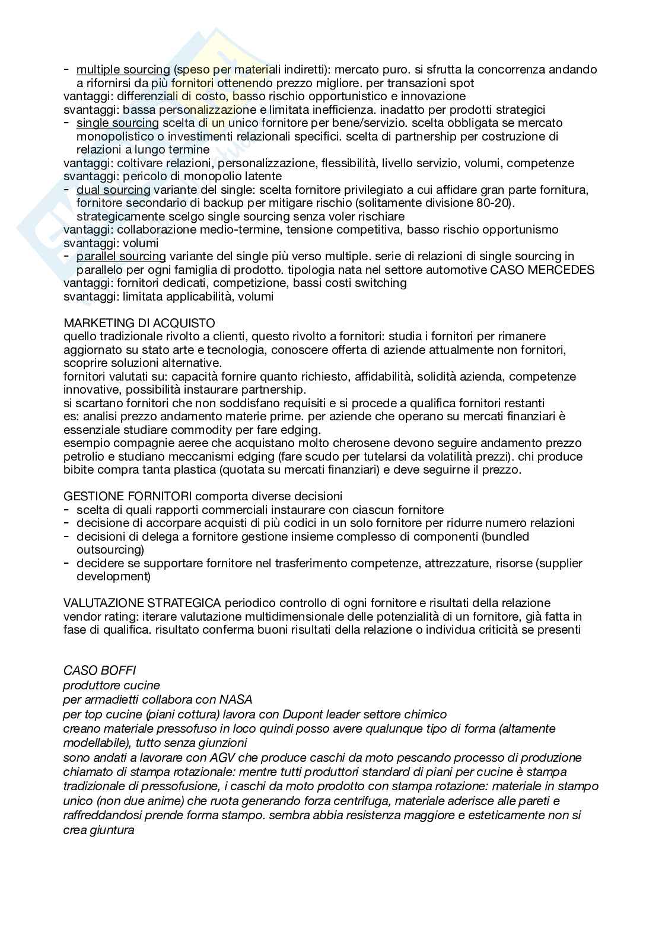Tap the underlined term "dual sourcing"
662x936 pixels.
pyautogui.click(x=113, y=190)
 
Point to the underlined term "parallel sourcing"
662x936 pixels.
pyautogui.click(x=121, y=256)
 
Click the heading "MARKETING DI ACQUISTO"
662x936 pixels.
pyautogui.click(x=139, y=323)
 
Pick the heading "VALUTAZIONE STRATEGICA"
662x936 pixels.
pyautogui.click(x=142, y=603)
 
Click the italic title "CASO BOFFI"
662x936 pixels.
pyautogui.click(x=100, y=670)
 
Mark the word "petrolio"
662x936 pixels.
pyautogui.click(x=83, y=456)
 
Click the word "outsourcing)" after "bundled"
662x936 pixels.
pyautogui.click(x=110, y=550)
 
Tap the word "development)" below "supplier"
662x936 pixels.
pyautogui.click(x=113, y=576)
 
